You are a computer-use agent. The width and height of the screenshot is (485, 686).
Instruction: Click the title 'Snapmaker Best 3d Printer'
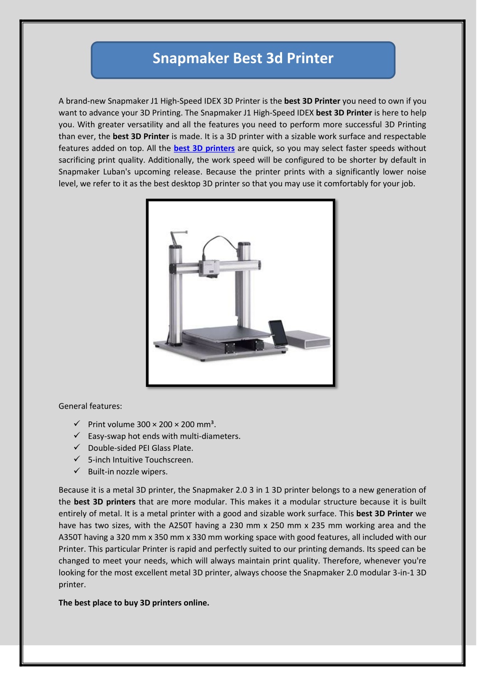pos(243,58)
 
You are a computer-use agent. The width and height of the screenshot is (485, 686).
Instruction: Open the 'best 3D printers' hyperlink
pos(204,148)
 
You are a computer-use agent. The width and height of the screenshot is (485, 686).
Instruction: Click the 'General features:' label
pos(90,406)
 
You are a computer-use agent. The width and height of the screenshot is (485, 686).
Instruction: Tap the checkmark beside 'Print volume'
pos(77,424)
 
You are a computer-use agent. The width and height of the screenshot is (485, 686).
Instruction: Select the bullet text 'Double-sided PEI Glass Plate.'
pos(140,448)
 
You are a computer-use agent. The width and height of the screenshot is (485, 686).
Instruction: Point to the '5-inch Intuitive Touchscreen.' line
pos(140,460)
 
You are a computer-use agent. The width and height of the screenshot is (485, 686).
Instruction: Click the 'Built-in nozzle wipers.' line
pos(128,472)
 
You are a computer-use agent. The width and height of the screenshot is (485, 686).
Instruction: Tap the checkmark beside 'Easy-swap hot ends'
pos(77,436)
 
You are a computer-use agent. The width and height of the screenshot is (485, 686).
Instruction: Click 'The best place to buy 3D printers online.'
pos(134,603)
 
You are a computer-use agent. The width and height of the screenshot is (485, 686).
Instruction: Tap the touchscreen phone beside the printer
pos(278,335)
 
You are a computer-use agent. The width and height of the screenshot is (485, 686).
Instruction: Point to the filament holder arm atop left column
pos(177,236)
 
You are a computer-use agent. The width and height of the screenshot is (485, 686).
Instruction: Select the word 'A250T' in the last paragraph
pos(180,525)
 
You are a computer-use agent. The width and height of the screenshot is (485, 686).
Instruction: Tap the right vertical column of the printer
pos(244,284)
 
